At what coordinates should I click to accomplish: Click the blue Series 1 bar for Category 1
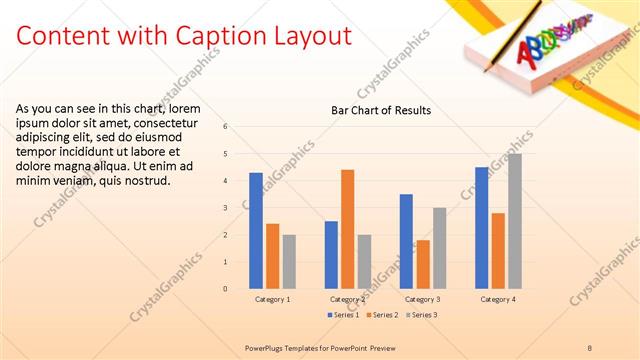[x=256, y=230]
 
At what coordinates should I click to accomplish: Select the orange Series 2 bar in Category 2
[x=347, y=229]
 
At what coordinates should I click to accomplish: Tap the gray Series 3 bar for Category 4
[x=514, y=221]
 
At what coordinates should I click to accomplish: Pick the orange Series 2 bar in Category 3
[x=423, y=264]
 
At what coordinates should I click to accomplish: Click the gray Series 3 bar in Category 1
[x=289, y=262]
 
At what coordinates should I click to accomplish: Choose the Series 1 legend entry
[x=345, y=315]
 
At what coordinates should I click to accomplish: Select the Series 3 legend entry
[x=420, y=315]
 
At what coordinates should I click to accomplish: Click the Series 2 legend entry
[x=383, y=315]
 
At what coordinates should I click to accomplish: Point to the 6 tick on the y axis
[x=226, y=127]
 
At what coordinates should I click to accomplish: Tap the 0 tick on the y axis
[x=226, y=289]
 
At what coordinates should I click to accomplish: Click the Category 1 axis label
[x=272, y=299]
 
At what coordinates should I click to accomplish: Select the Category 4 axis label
[x=498, y=299]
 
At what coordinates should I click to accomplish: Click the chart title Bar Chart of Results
[x=381, y=110]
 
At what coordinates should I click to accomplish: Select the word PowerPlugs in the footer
[x=267, y=347]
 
